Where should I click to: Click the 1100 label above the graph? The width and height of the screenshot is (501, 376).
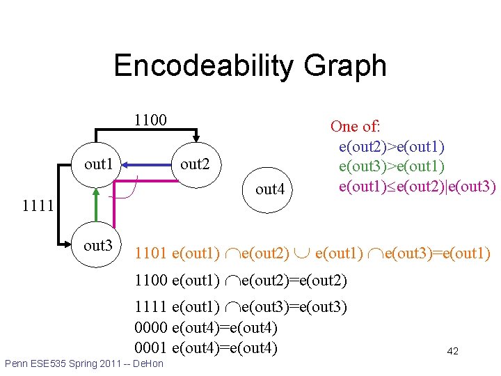click(150, 120)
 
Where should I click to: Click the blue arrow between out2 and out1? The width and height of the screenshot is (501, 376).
click(148, 164)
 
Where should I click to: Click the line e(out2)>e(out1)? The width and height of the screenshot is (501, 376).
click(391, 146)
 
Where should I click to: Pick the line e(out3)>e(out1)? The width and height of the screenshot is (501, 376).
click(391, 166)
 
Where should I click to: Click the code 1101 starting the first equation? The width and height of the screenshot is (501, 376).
click(150, 253)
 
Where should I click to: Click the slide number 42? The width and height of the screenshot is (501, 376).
click(452, 352)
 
